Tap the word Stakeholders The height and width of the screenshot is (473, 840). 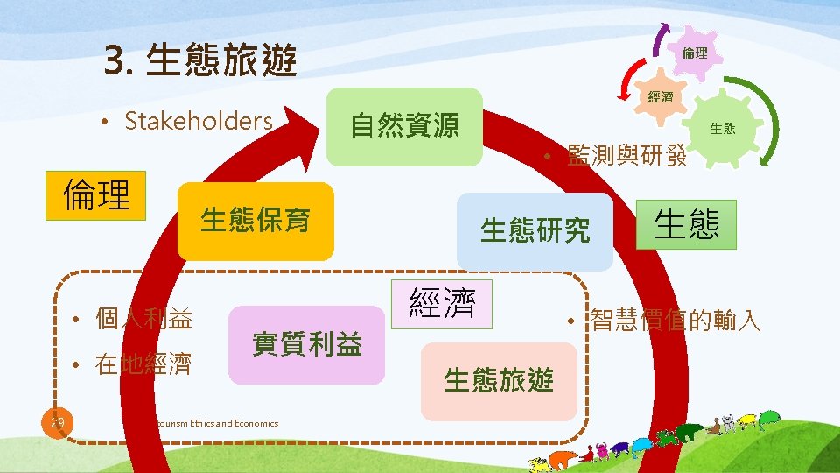tap(199, 121)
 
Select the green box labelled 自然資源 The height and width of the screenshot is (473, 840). tap(404, 126)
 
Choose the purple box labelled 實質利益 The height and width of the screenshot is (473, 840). tap(306, 344)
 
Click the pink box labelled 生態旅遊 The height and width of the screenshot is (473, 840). tap(499, 381)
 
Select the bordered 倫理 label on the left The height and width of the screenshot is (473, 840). tap(96, 196)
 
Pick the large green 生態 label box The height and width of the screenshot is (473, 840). tap(686, 225)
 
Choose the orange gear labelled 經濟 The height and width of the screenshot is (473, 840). tap(661, 97)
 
